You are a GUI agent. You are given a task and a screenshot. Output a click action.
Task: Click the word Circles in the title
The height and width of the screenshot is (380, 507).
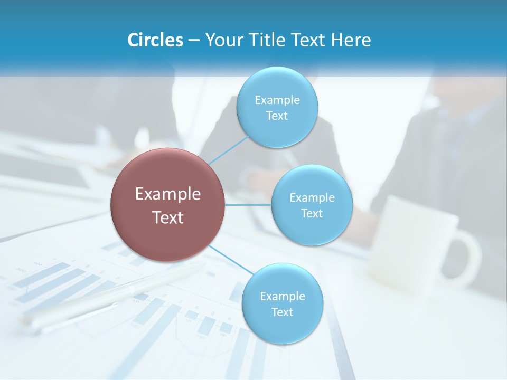click(155, 40)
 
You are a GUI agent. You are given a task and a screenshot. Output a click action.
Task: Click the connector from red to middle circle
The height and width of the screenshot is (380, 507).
click(248, 205)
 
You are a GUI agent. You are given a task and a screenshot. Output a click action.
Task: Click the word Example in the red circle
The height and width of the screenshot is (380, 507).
click(168, 194)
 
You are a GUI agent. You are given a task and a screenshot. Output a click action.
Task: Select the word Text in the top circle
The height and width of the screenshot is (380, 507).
click(277, 116)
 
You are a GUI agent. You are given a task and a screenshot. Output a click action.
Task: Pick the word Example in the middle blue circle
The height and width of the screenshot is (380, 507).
click(312, 197)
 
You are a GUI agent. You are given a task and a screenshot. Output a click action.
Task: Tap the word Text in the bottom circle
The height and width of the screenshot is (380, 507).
click(282, 312)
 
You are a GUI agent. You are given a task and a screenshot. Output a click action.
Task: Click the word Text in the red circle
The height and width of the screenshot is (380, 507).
click(168, 217)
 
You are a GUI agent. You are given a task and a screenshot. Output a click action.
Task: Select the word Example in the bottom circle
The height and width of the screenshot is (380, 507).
click(282, 296)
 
